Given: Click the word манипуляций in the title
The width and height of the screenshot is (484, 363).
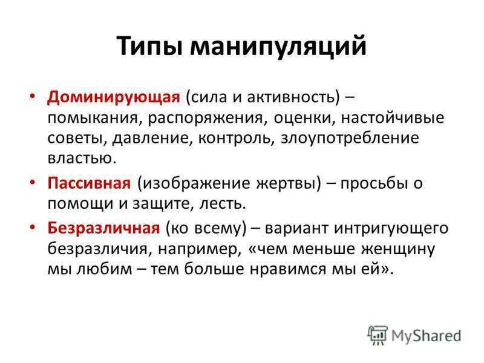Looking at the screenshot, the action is click(278, 47).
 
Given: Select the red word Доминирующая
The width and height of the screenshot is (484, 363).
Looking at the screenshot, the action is click(114, 97).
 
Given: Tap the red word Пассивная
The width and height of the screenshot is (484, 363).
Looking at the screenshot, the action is click(89, 183).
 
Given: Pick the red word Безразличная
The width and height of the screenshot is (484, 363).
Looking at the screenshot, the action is click(103, 228).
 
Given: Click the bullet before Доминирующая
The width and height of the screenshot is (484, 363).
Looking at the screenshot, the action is click(33, 96).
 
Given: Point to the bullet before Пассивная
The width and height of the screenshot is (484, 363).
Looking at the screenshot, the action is click(33, 182).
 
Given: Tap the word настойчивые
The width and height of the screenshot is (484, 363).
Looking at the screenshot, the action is click(393, 118).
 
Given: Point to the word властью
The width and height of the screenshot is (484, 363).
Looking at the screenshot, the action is click(82, 158).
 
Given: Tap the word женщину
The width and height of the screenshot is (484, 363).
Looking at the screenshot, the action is click(398, 249).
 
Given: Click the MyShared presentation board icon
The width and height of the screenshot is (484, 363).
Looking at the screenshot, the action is click(377, 335).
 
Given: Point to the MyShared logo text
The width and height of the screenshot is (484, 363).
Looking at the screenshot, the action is click(427, 336).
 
